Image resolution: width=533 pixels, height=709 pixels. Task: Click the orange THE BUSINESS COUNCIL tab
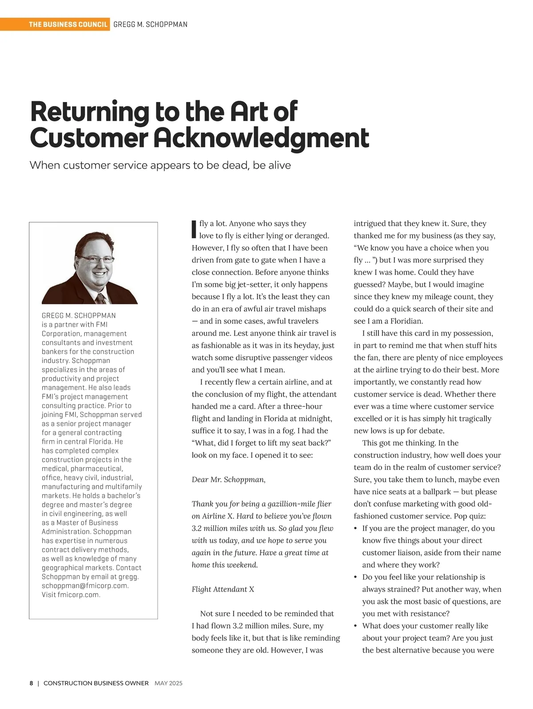(x=68, y=24)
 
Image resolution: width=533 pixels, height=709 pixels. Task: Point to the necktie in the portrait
(x=101, y=298)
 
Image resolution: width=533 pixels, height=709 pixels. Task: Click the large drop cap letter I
(x=194, y=229)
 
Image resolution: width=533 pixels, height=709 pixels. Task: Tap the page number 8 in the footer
(x=32, y=683)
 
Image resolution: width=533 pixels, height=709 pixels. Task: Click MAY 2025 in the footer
(x=168, y=683)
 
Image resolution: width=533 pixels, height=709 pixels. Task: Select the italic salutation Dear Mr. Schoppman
(x=228, y=480)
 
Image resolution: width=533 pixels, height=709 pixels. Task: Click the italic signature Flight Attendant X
(x=223, y=589)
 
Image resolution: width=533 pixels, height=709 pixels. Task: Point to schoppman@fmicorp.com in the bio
(x=85, y=586)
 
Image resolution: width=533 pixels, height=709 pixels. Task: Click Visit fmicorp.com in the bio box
(x=71, y=595)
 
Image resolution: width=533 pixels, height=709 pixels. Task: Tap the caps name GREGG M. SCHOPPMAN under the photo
(x=79, y=315)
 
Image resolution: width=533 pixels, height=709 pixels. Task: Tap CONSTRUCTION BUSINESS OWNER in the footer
(x=96, y=683)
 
